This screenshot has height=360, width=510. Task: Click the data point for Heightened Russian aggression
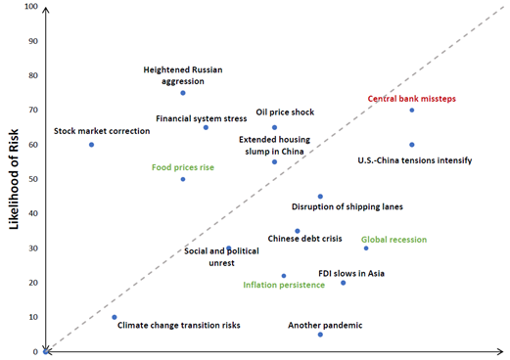pyautogui.click(x=183, y=93)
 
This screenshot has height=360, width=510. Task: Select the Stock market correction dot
pyautogui.click(x=91, y=145)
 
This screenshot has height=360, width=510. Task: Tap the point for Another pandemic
pyautogui.click(x=320, y=335)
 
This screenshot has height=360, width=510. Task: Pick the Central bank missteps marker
pyautogui.click(x=412, y=111)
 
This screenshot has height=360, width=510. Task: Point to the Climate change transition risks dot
pyautogui.click(x=115, y=317)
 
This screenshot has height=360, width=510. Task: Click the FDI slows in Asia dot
pyautogui.click(x=343, y=283)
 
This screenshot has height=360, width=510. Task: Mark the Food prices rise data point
pyautogui.click(x=183, y=179)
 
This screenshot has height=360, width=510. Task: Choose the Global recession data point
pyautogui.click(x=366, y=248)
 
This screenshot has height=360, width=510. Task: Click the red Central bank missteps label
pyautogui.click(x=412, y=99)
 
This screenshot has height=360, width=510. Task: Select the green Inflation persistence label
pyautogui.click(x=284, y=285)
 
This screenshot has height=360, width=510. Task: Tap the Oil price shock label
pyautogui.click(x=285, y=112)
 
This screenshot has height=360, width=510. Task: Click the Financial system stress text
pyautogui.click(x=202, y=118)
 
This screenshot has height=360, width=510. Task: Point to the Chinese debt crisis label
pyautogui.click(x=304, y=239)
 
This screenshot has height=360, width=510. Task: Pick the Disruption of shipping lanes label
pyautogui.click(x=348, y=206)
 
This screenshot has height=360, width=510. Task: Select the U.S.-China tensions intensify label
pyautogui.click(x=415, y=159)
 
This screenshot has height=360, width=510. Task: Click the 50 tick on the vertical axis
pyautogui.click(x=33, y=180)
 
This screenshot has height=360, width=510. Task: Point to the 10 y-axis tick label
pyautogui.click(x=33, y=317)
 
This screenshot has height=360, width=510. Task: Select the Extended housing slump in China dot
pyautogui.click(x=274, y=161)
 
